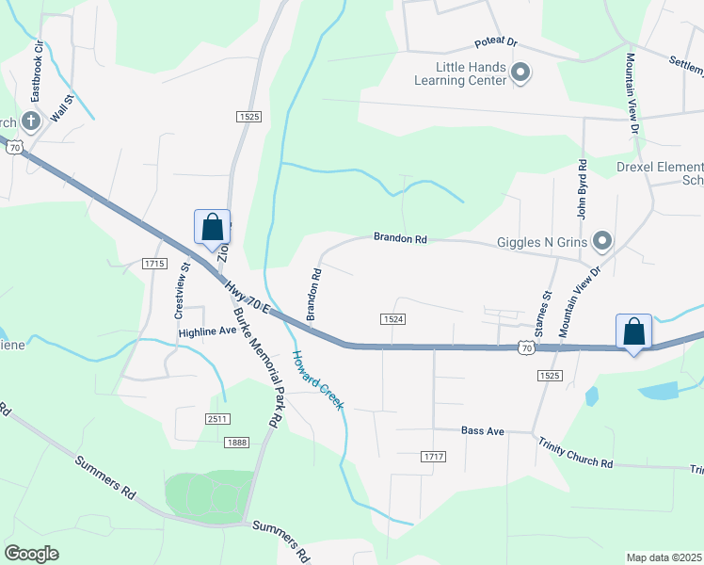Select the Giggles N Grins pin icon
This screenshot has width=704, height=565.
click(602, 242)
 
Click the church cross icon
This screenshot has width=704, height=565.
click(30, 121)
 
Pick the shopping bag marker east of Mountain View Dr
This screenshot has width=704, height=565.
click(634, 332)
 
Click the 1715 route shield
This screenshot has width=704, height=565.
click(155, 264)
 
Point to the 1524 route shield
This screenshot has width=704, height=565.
click(394, 319)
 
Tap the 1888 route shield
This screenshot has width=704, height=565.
click(236, 442)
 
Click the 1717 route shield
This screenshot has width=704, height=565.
click(433, 457)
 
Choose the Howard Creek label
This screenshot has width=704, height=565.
click(318, 380)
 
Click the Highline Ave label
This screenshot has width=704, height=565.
click(207, 331)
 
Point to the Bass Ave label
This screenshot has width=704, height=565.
click(483, 431)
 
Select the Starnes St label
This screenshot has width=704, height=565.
click(541, 315)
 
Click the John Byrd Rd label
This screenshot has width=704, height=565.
click(583, 194)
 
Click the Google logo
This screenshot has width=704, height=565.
click(32, 553)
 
